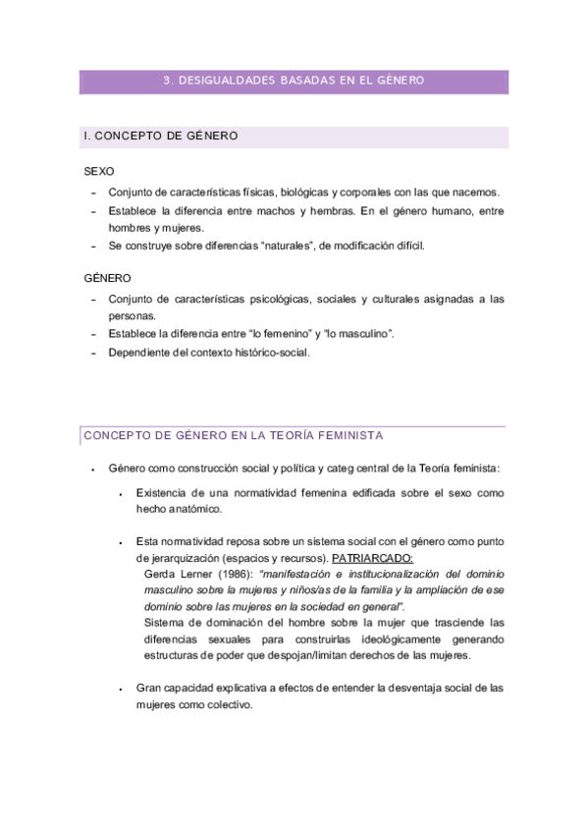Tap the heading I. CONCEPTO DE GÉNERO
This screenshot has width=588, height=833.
point(161,136)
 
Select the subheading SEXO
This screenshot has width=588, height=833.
point(99,171)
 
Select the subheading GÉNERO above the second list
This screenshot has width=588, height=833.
point(107,279)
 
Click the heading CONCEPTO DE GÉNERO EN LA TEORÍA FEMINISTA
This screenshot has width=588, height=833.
point(233,434)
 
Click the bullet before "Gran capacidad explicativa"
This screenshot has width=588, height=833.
point(119,690)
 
